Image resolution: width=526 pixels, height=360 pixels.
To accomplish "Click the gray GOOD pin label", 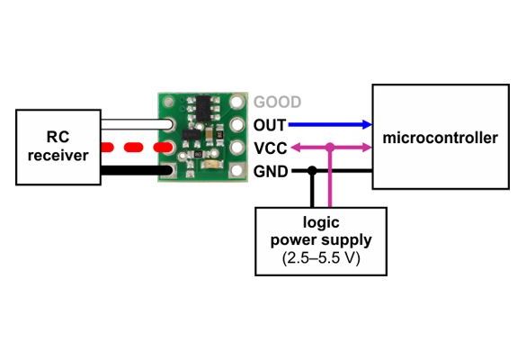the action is [x=277, y=102].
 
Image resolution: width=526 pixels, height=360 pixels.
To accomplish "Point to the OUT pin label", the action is [x=270, y=125].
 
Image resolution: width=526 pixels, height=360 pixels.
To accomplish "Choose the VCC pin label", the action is [x=271, y=148].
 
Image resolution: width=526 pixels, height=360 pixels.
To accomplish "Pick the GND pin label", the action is [x=271, y=172].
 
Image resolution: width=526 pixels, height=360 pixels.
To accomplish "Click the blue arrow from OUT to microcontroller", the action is [x=330, y=125].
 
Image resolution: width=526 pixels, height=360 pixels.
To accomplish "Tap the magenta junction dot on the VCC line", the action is [x=330, y=147].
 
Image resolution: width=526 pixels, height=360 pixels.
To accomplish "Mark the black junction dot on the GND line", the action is [x=312, y=171].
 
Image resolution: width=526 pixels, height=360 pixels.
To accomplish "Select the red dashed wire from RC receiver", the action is [x=137, y=148].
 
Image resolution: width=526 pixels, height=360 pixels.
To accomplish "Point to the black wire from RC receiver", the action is [x=137, y=171].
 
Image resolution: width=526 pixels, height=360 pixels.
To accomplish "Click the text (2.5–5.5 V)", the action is [x=321, y=258].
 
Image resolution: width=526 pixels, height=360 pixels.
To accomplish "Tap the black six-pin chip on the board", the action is [x=204, y=108].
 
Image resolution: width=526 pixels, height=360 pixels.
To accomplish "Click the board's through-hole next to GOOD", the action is [x=237, y=102].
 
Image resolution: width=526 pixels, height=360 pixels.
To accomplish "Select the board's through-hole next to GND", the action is [x=237, y=171].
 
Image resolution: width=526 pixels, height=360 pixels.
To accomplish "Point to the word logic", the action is [x=321, y=223].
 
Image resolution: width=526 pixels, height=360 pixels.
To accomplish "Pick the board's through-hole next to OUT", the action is [x=237, y=124].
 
